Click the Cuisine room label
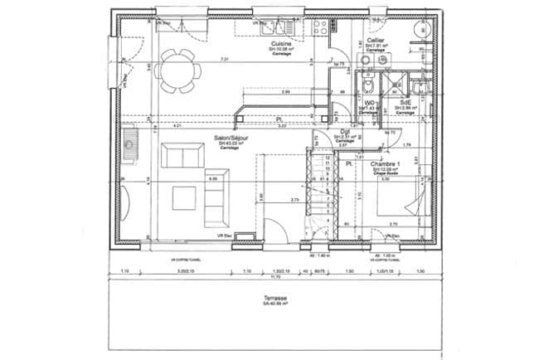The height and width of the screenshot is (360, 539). pos(277,42)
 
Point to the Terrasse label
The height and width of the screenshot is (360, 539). pos(275,298)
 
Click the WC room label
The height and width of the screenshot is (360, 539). pos(365,103)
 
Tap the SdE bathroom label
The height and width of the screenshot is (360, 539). pos(405,103)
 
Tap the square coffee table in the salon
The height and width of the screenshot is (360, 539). pos(184,198)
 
